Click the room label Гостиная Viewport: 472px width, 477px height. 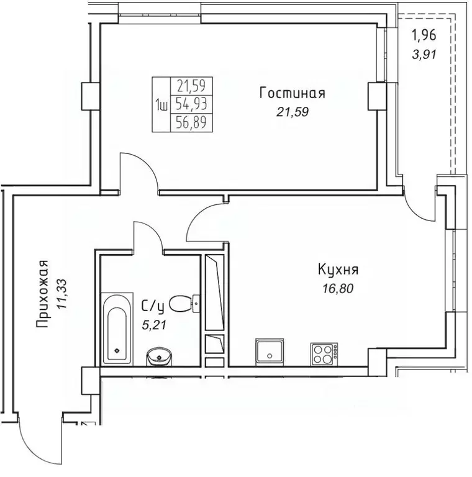pyautogui.click(x=292, y=94)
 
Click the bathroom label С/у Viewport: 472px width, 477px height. pyautogui.click(x=152, y=305)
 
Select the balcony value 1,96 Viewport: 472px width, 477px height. pyautogui.click(x=425, y=36)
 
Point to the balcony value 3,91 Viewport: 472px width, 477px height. pyautogui.click(x=425, y=53)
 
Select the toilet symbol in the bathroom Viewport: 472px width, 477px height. pyautogui.click(x=183, y=304)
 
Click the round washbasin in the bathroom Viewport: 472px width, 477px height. pyautogui.click(x=160, y=357)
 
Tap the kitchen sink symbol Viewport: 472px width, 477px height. pyautogui.click(x=270, y=352)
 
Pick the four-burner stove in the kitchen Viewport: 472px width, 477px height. pyautogui.click(x=324, y=353)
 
